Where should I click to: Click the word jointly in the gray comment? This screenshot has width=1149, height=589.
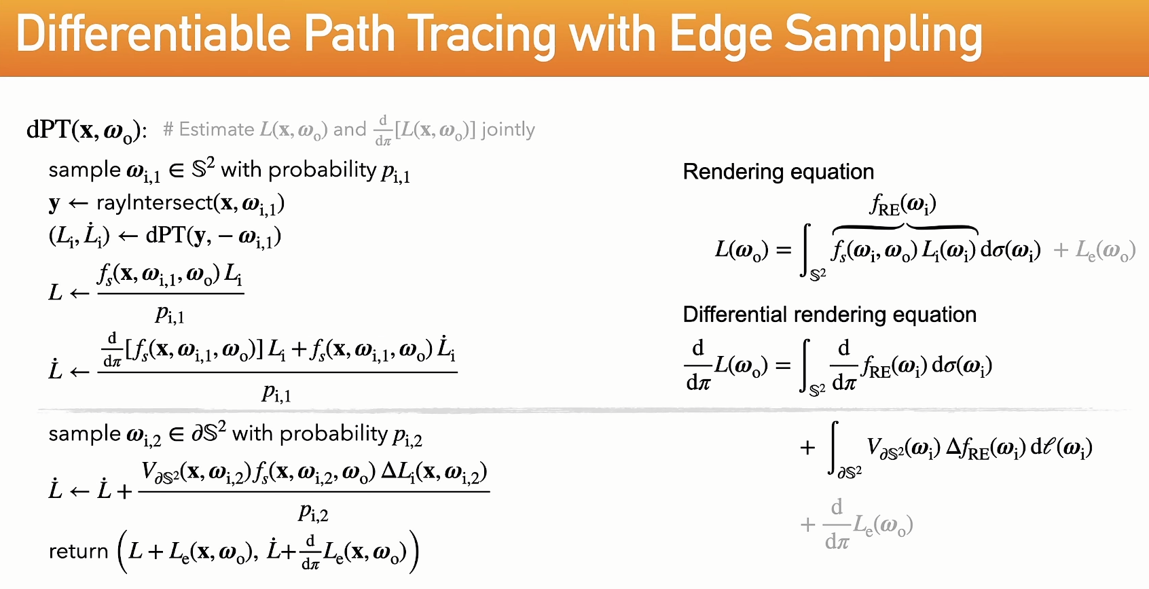[508, 130]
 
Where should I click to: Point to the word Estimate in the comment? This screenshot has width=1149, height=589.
[216, 129]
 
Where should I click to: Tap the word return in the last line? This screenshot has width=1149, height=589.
[79, 552]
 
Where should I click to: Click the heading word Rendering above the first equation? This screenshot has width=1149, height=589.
[735, 172]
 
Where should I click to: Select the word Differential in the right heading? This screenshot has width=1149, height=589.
[734, 315]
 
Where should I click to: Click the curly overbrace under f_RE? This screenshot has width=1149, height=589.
[905, 228]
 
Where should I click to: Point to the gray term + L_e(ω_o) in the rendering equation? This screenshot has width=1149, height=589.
[1094, 251]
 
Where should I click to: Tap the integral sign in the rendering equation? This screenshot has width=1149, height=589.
[807, 251]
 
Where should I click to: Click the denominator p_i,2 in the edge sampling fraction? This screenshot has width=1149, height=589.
[314, 512]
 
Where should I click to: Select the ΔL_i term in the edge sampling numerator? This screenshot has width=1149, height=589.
[403, 471]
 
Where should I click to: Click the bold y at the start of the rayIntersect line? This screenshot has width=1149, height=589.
[54, 204]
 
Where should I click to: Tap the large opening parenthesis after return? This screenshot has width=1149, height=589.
[123, 552]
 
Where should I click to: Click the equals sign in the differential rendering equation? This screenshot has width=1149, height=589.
[784, 365]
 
